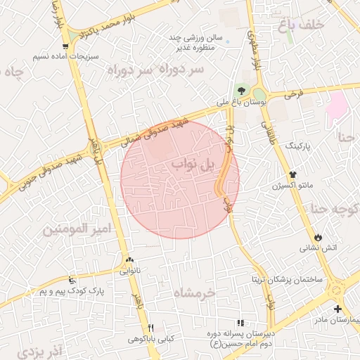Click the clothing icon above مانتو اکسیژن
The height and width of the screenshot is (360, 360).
[292, 175]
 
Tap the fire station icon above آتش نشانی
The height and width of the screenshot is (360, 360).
[320, 238]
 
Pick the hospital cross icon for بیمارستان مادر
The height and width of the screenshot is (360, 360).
[338, 309]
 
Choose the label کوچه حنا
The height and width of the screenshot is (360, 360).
[330, 208]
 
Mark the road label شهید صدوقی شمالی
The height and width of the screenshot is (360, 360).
[162, 127]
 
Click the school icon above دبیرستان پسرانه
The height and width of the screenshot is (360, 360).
[241, 322]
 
